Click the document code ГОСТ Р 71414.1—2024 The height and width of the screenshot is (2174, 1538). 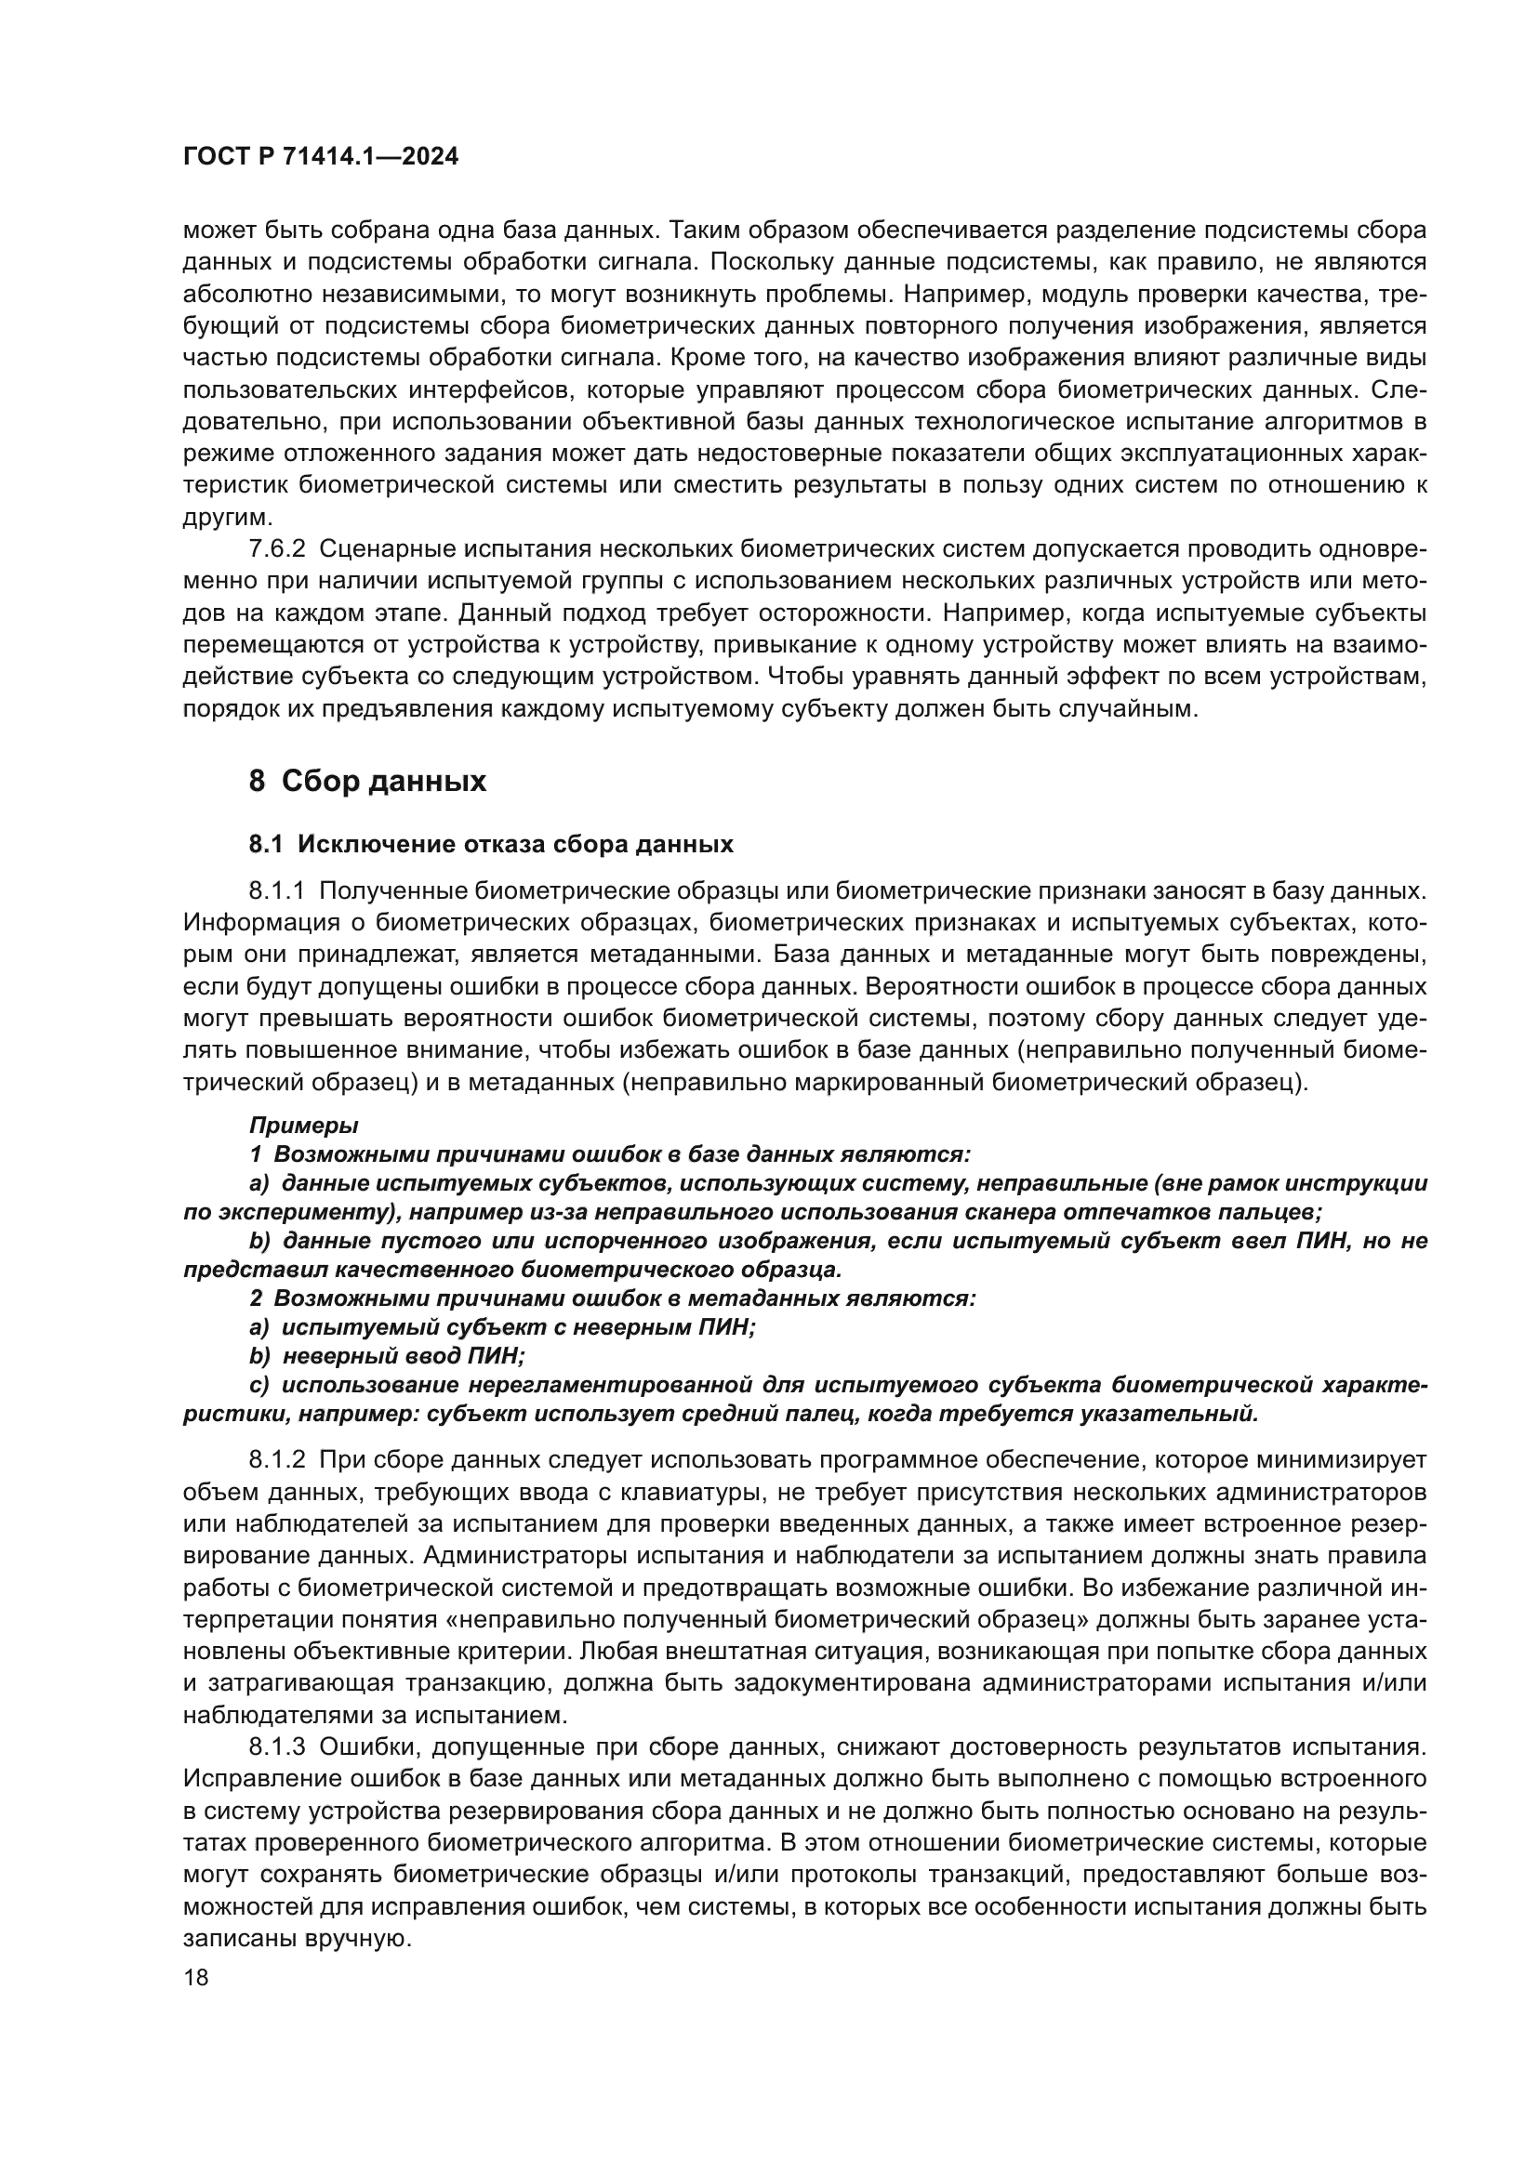click(x=320, y=157)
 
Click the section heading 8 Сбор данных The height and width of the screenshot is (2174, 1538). click(x=367, y=781)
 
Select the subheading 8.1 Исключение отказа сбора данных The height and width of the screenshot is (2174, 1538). click(x=491, y=844)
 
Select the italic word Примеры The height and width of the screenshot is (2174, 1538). click(x=303, y=1125)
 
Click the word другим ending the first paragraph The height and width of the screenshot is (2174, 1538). click(x=226, y=518)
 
